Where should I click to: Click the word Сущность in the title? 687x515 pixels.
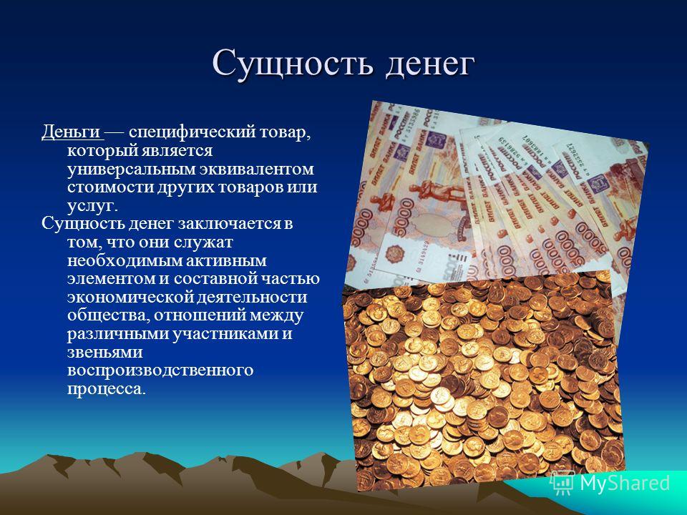pos(293,64)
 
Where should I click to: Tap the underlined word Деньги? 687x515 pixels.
pos(71,133)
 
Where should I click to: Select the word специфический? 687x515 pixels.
pos(192,133)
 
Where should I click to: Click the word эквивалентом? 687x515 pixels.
pos(257,168)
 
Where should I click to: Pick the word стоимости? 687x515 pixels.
pos(110,187)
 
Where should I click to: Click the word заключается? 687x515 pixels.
pos(230,224)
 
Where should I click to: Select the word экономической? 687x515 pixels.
pos(130,298)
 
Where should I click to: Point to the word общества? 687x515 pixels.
pos(108,315)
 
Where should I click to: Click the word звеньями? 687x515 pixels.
pos(104,353)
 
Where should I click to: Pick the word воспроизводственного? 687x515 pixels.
pos(160,371)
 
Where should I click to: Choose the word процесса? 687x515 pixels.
pos(106,389)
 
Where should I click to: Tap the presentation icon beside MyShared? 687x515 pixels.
pos(562,484)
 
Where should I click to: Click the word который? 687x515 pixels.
pos(101,151)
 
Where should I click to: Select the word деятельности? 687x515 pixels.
pos(251,298)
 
